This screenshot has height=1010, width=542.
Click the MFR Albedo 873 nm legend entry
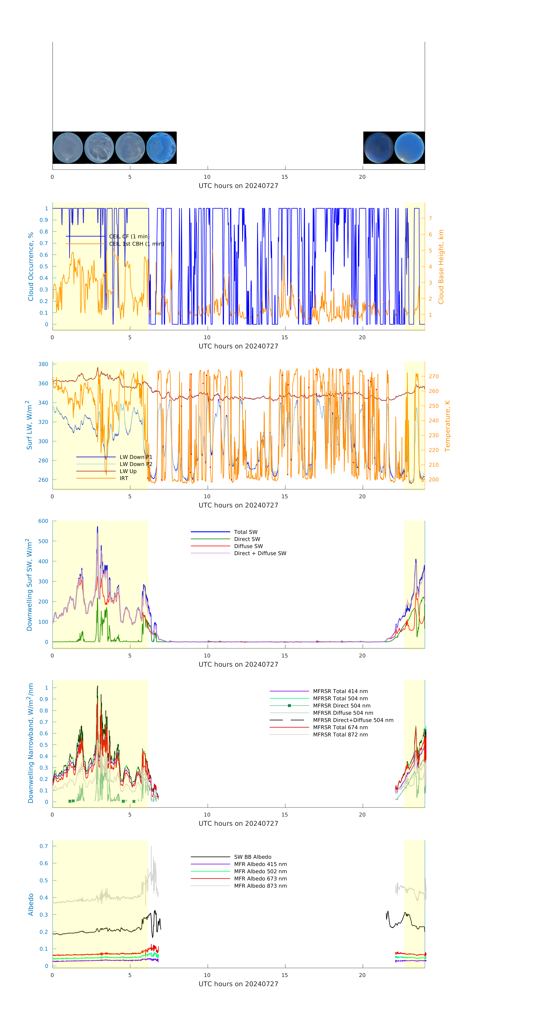coord(260,886)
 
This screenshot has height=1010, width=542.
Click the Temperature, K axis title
coord(447,426)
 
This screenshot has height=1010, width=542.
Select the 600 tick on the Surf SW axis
coord(43,521)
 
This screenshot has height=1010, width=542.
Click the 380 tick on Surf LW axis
coord(43,364)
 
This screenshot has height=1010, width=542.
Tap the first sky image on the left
coord(68,148)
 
